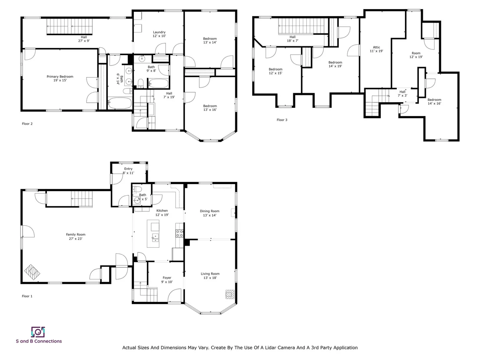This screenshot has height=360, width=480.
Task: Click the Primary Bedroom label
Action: pyautogui.click(x=60, y=77)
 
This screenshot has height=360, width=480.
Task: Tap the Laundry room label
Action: pyautogui.click(x=159, y=32)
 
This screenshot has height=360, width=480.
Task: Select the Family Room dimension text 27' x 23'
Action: pyautogui.click(x=76, y=239)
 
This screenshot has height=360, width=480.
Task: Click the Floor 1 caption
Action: pyautogui.click(x=27, y=296)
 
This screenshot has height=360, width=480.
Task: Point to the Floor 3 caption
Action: pyautogui.click(x=282, y=120)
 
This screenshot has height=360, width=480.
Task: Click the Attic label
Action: pyautogui.click(x=376, y=47)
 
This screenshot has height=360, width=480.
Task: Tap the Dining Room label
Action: pyautogui.click(x=210, y=211)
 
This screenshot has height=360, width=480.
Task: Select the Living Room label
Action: pyautogui.click(x=210, y=274)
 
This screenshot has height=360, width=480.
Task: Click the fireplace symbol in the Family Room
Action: pyautogui.click(x=32, y=272)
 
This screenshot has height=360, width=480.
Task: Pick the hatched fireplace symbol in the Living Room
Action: pyautogui.click(x=230, y=294)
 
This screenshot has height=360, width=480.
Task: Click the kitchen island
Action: pyautogui.click(x=153, y=234)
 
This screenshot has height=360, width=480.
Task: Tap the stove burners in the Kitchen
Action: pyautogui.click(x=179, y=234)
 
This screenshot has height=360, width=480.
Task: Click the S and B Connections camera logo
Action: pyautogui.click(x=38, y=332)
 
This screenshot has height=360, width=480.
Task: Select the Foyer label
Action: pyautogui.click(x=167, y=278)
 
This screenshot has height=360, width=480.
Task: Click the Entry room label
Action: pyautogui.click(x=128, y=169)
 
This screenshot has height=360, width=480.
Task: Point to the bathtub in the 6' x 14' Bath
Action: pyautogui.click(x=120, y=103)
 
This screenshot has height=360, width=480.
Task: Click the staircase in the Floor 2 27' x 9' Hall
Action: pyautogui.click(x=69, y=27)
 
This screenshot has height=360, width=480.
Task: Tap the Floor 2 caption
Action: pyautogui.click(x=27, y=123)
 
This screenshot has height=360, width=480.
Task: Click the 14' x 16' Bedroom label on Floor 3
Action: pyautogui.click(x=435, y=100)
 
